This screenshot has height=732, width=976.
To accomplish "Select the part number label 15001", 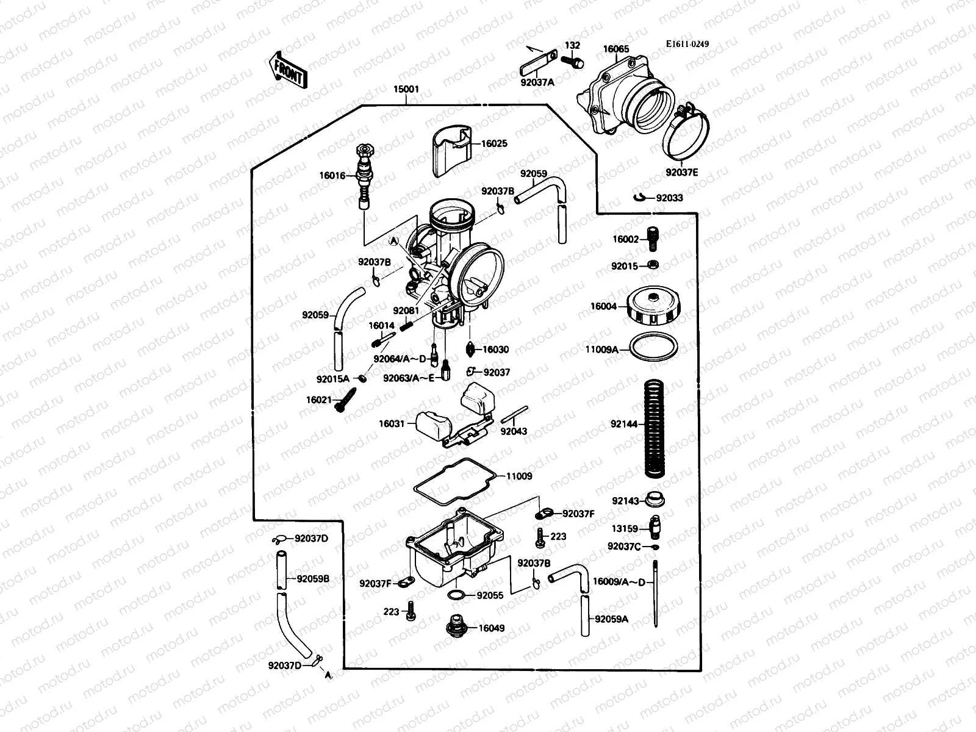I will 406,89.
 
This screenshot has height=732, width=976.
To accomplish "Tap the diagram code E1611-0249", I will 687,44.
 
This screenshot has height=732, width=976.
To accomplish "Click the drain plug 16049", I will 455,627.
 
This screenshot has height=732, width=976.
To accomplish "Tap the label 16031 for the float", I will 392,423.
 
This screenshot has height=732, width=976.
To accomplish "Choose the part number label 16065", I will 616,49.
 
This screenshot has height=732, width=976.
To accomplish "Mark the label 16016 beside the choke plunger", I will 332,176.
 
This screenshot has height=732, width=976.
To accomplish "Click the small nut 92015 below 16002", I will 651,265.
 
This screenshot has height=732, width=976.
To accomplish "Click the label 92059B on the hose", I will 313,578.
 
